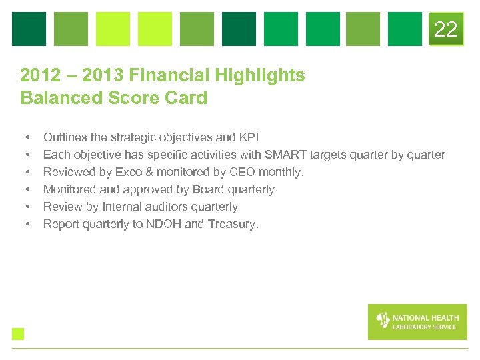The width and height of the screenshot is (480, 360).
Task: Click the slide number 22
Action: coord(445,29)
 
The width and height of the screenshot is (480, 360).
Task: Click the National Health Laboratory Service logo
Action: coord(417,322)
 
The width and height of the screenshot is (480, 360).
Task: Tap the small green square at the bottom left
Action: coord(18,334)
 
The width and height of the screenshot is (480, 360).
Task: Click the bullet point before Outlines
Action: coord(27,138)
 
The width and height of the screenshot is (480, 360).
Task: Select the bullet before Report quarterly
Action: coord(27,225)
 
